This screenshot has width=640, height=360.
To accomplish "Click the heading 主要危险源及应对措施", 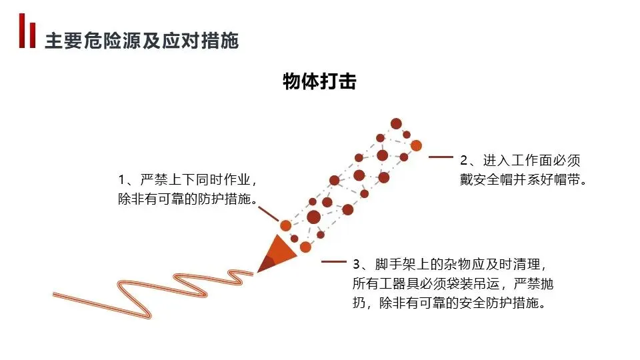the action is coord(141,41).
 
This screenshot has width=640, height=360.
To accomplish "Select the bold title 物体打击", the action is coord(319,82).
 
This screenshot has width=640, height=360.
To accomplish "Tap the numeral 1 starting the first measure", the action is coord(122,181).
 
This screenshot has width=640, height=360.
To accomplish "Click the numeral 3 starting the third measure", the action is coord(357,264).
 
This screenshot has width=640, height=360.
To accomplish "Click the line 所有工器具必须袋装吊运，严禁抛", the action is coord(453,283).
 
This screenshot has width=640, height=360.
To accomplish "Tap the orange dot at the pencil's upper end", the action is coord(415,145).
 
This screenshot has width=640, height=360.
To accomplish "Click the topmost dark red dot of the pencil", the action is coord(396,123).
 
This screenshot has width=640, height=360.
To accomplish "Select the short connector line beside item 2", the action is coord(441,157).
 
